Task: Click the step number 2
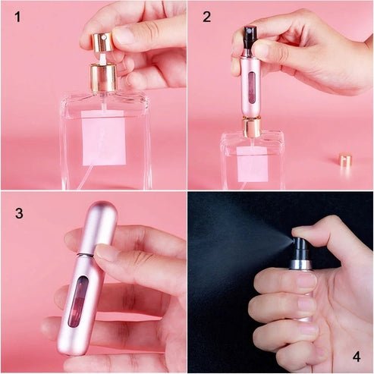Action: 206,16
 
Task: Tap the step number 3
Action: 17,213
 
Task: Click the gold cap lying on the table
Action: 345,161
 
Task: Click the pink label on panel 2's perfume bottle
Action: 252,163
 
